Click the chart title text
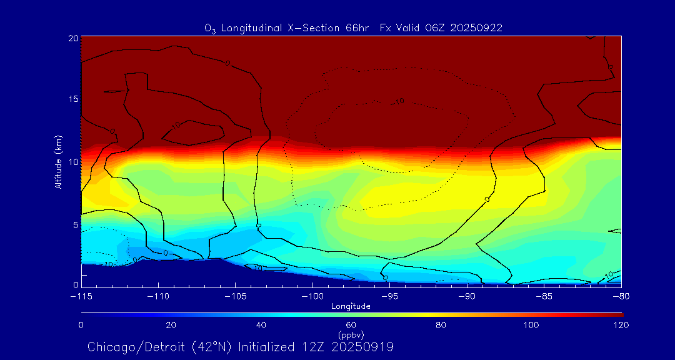pyautogui.click(x=353, y=28)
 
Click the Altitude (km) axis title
pyautogui.click(x=59, y=162)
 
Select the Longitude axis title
pyautogui.click(x=351, y=306)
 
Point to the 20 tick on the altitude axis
pyautogui.click(x=72, y=38)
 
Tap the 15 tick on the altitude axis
pyautogui.click(x=72, y=99)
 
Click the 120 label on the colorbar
pyautogui.click(x=621, y=325)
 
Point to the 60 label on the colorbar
pyautogui.click(x=351, y=325)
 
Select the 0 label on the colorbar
pyautogui.click(x=81, y=325)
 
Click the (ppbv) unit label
pyautogui.click(x=351, y=334)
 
